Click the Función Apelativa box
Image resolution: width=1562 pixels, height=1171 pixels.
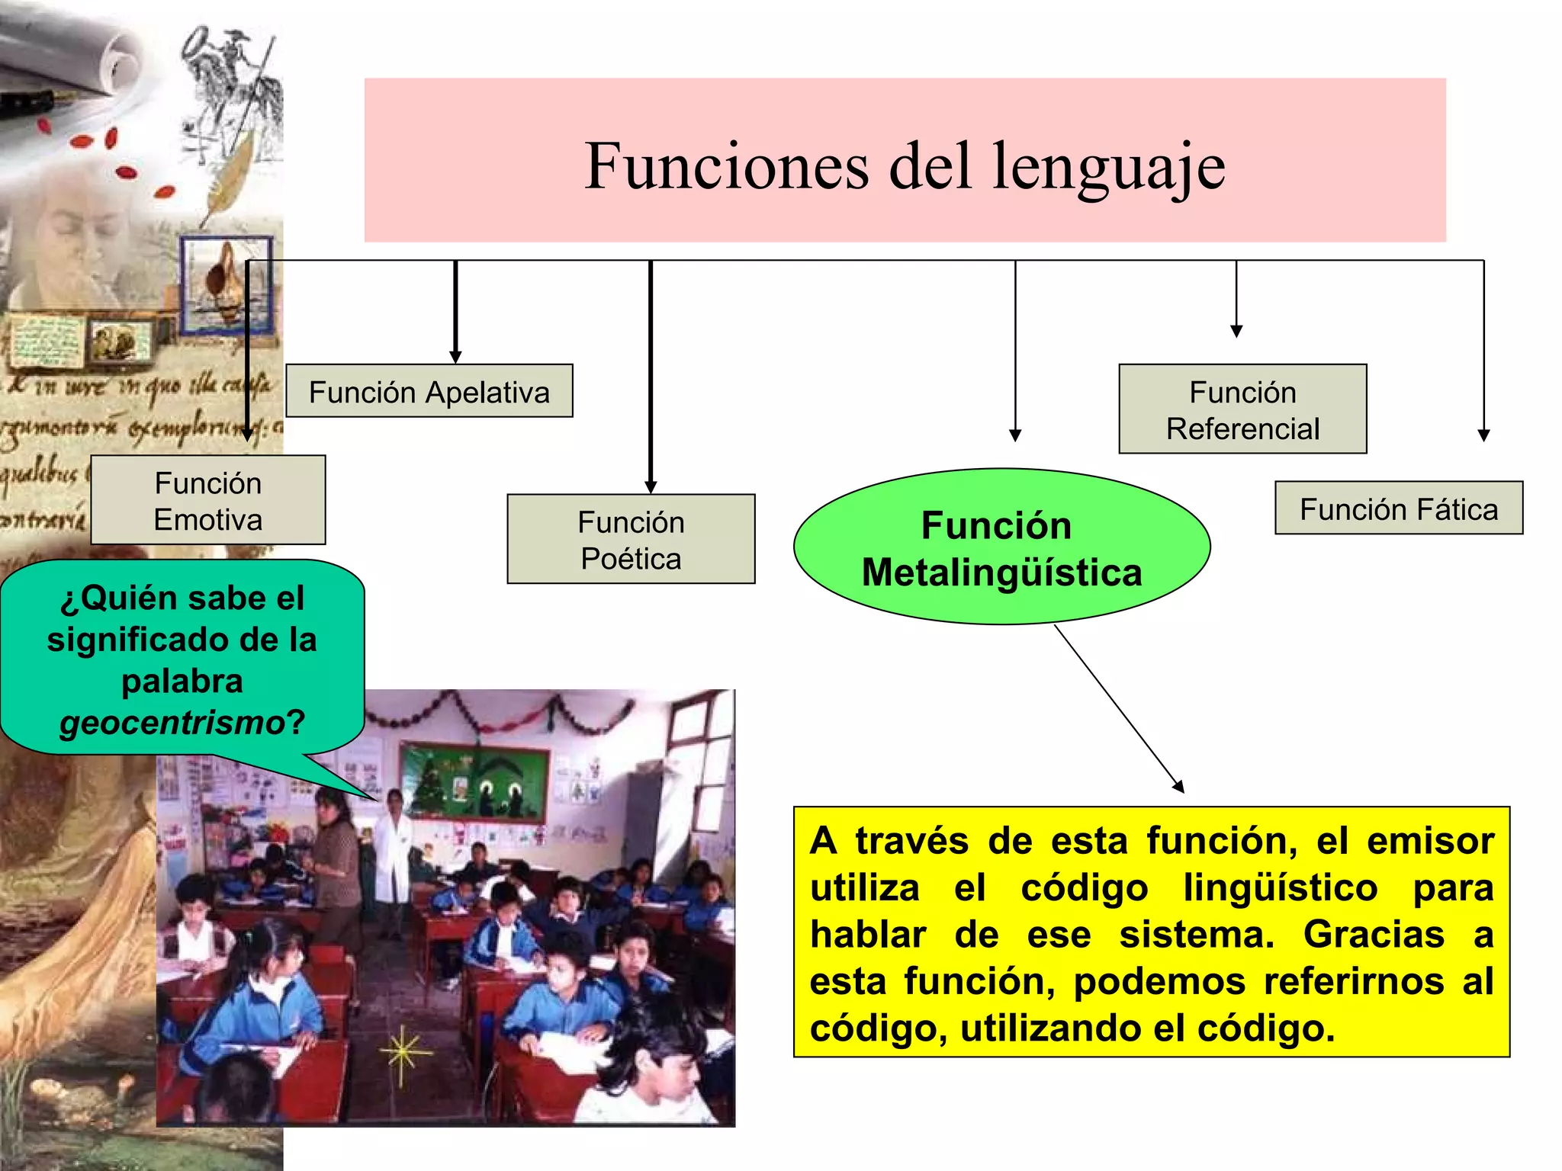(x=429, y=391)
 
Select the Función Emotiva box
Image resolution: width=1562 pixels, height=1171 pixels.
(x=207, y=500)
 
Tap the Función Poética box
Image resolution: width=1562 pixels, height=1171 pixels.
(x=631, y=539)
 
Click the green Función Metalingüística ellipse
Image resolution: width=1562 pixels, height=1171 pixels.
(x=1001, y=547)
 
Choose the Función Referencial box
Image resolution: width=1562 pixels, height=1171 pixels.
(x=1242, y=409)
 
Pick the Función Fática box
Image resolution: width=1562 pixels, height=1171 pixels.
(x=1399, y=509)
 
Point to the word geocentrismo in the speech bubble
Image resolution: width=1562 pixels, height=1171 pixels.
(x=172, y=722)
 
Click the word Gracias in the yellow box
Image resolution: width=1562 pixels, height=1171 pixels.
(x=1374, y=935)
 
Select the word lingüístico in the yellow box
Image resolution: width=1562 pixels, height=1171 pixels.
(x=1281, y=888)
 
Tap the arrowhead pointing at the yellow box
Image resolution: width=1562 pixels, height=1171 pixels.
(x=1178, y=788)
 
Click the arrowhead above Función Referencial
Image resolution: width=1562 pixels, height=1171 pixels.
(x=1236, y=331)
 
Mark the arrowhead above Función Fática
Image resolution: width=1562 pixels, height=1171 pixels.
(x=1483, y=435)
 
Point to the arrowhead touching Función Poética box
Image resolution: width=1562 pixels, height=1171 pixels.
(x=651, y=488)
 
